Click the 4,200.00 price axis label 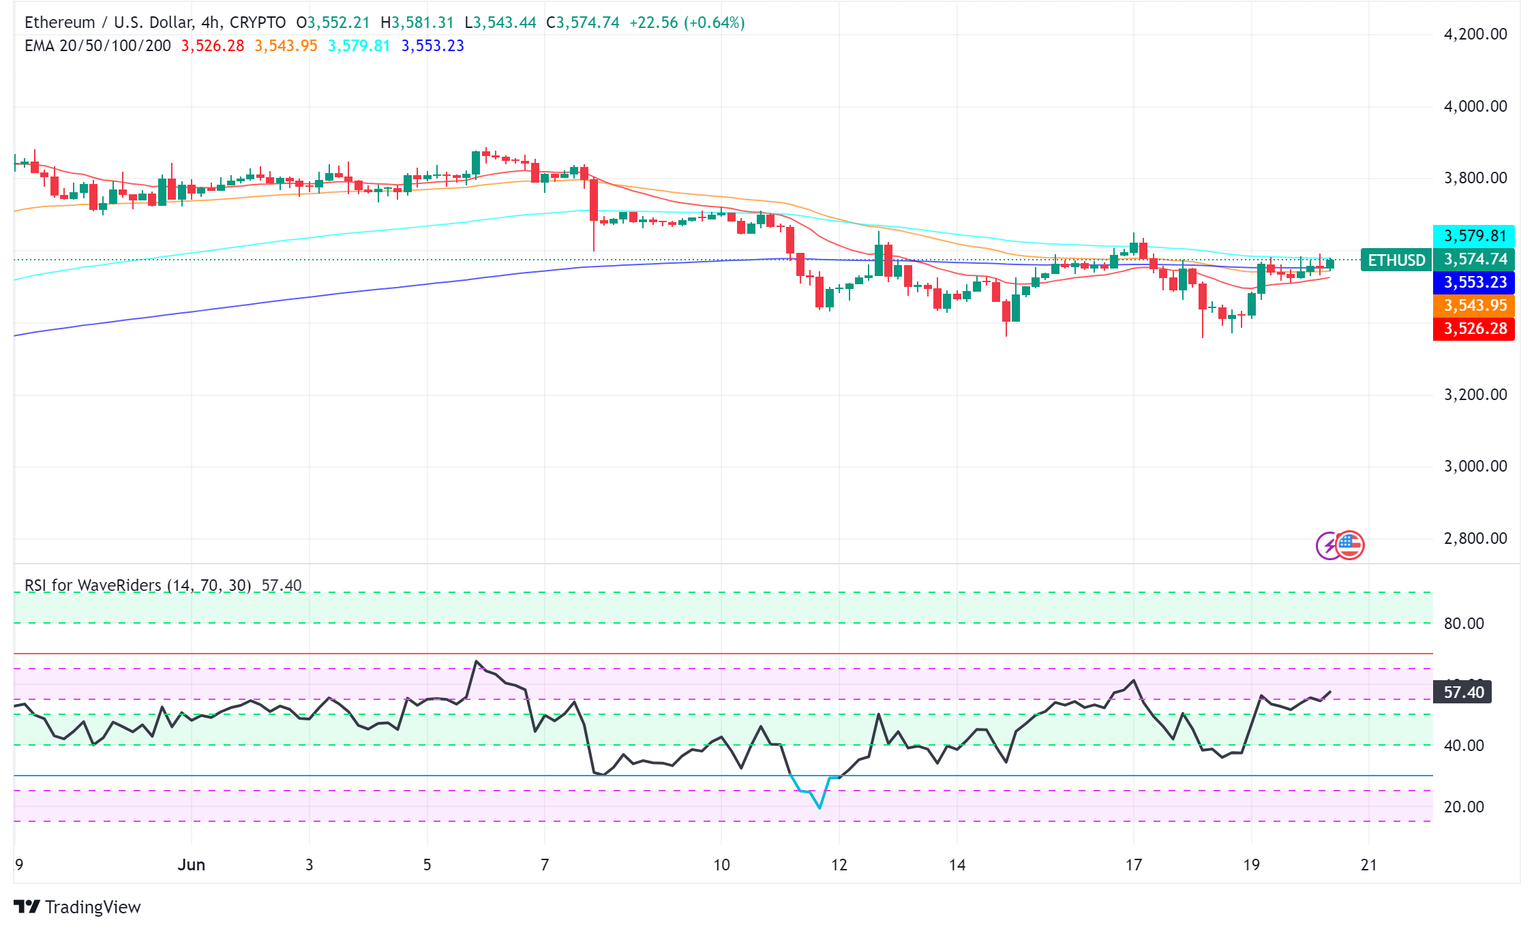coord(1475,34)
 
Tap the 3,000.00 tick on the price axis coord(1475,466)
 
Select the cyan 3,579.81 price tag coord(1474,236)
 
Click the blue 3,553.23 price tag coord(1474,282)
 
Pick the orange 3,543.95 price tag coord(1474,305)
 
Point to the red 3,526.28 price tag coord(1474,329)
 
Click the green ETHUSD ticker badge coord(1396,260)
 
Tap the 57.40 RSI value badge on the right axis coord(1463,692)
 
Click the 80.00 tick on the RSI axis coord(1463,624)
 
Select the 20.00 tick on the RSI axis coord(1463,807)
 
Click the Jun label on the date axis coord(191,865)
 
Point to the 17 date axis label coord(1133,865)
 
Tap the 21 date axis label coord(1368,865)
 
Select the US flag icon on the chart coord(1350,545)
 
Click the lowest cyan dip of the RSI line coord(819,808)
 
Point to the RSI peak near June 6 coord(476,661)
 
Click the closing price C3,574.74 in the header coord(583,22)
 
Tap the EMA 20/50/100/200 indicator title coord(97,46)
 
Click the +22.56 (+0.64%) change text coord(687,22)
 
